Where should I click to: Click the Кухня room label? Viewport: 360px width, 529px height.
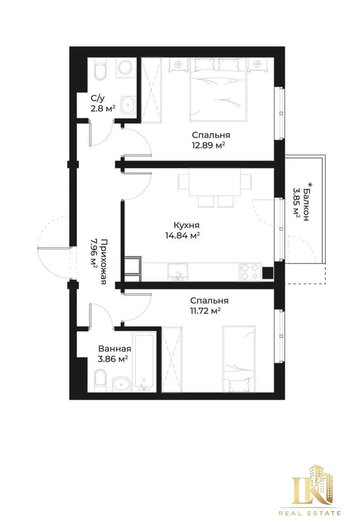click(186, 225)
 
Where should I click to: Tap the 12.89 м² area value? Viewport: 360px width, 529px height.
click(208, 145)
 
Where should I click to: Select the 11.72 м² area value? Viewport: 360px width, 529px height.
click(205, 311)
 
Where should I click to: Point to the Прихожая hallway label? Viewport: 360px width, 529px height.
click(104, 262)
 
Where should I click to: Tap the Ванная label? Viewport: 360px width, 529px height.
click(115, 349)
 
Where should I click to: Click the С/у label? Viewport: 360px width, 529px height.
click(98, 98)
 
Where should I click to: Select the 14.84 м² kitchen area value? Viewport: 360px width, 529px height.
click(183, 236)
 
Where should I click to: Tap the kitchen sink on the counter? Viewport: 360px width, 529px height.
click(178, 272)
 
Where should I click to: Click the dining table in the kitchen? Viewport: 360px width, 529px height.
click(215, 182)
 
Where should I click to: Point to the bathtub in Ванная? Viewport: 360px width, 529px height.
click(143, 362)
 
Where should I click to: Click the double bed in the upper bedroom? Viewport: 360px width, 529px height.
click(219, 90)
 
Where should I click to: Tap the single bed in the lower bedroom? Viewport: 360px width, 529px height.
click(239, 359)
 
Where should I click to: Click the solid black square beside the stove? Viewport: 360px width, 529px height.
click(268, 272)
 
